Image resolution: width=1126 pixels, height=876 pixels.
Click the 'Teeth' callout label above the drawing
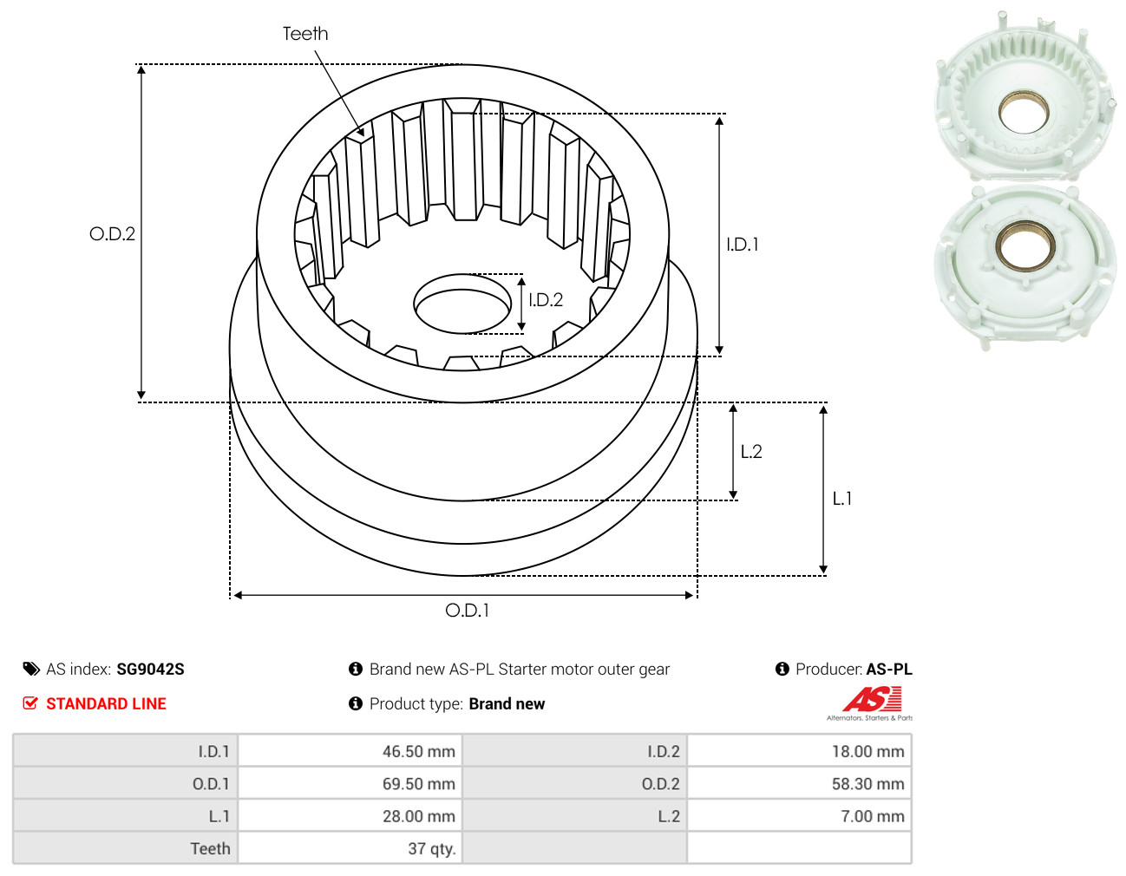(x=305, y=34)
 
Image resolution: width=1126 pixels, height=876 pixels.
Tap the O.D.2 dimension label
(x=112, y=234)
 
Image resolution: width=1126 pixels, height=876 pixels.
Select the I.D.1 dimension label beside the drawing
(x=742, y=245)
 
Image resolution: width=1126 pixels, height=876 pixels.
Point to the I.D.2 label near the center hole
(x=546, y=300)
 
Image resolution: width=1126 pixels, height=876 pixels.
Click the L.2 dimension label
(x=751, y=452)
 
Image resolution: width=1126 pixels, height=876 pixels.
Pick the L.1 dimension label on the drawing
(x=841, y=499)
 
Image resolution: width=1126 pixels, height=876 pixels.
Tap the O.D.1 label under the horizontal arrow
(x=467, y=611)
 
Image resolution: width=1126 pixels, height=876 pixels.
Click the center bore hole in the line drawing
(x=462, y=304)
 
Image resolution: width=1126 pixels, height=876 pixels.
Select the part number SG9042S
(x=150, y=670)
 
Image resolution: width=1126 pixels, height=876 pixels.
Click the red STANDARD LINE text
(x=106, y=703)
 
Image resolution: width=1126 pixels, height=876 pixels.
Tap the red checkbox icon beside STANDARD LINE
(x=30, y=703)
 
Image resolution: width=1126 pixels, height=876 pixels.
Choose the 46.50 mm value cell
(x=350, y=750)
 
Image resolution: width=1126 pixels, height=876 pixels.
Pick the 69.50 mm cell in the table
(x=350, y=783)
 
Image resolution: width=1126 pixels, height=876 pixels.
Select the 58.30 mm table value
(x=799, y=783)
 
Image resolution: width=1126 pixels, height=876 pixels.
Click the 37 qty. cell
(x=350, y=848)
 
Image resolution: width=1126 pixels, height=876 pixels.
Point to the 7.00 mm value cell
(x=799, y=816)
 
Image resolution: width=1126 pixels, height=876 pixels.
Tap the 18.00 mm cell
(x=799, y=750)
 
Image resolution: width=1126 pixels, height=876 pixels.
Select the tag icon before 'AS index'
(x=31, y=670)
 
